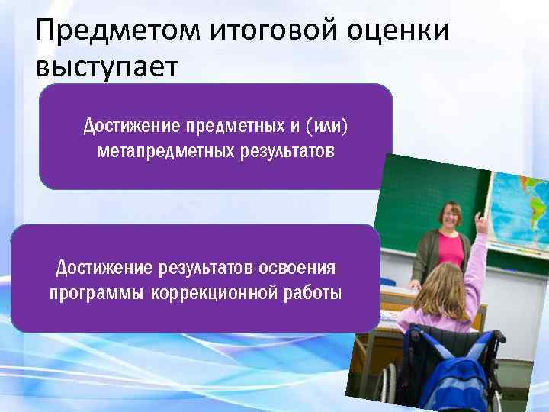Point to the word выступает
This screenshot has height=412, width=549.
tap(106, 66)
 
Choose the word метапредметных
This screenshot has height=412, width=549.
tap(162, 150)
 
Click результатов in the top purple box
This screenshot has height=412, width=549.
tap(284, 150)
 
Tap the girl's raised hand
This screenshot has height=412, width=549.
tap(480, 224)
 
